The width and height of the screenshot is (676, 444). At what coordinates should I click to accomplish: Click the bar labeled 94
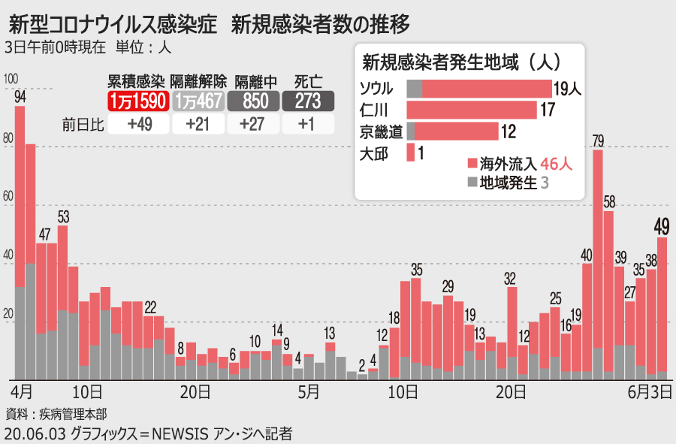click(20, 240)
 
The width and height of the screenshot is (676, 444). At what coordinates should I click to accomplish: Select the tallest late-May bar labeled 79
click(598, 263)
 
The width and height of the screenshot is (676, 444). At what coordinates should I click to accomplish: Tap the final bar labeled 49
click(662, 308)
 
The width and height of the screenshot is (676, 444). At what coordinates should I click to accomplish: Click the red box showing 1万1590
click(137, 101)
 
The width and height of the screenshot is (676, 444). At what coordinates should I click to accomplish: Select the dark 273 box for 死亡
click(308, 101)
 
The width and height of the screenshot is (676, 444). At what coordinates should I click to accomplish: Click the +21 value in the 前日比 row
click(199, 125)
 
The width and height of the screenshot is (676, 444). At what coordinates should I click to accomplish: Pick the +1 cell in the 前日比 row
click(308, 125)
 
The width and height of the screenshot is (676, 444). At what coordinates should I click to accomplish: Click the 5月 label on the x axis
click(309, 391)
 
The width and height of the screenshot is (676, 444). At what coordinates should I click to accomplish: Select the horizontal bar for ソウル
click(479, 89)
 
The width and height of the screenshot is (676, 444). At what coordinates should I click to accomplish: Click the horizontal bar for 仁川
click(472, 110)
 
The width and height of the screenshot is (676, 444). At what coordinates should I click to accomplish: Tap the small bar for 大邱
click(411, 153)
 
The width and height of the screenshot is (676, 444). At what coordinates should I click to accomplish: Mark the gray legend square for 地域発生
click(472, 182)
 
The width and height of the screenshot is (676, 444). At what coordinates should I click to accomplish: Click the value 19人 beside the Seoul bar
click(568, 89)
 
